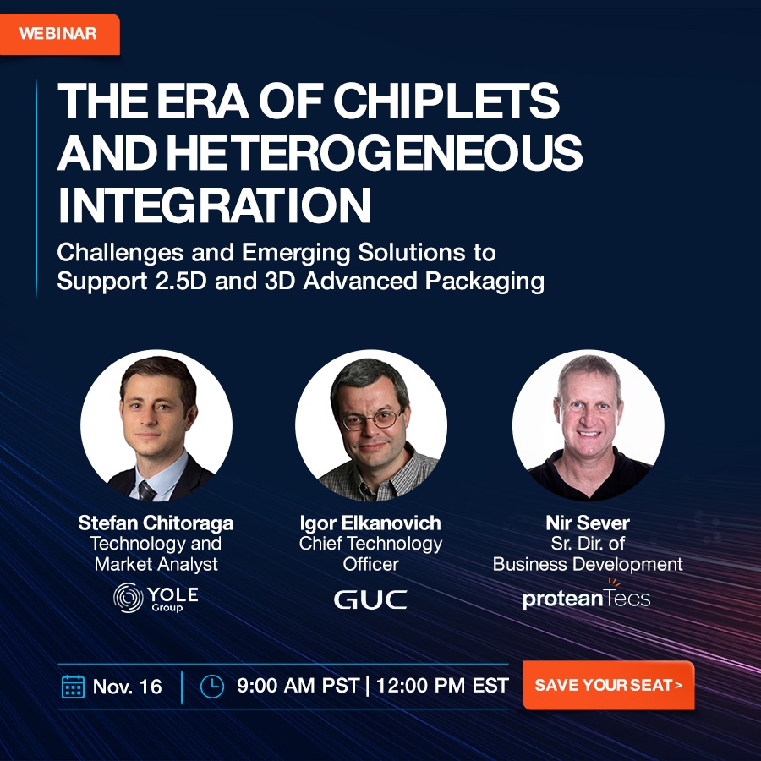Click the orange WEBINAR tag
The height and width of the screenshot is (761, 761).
coord(59,34)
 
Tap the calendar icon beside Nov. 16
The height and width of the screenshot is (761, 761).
coord(74,687)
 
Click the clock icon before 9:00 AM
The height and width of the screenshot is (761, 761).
coord(212,687)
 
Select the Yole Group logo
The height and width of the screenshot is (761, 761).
coord(156,598)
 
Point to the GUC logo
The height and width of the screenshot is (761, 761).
coord(370,599)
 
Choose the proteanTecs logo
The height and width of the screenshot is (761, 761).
coord(586,595)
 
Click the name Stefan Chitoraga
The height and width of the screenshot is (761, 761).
coord(156,523)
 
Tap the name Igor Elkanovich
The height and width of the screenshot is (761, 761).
coord(370,523)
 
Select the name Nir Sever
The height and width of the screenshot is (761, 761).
coord(588,523)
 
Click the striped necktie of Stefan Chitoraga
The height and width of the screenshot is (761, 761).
coord(146,490)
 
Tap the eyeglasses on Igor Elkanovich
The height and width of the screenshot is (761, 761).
coord(372,419)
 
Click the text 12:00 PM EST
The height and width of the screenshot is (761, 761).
coord(442,686)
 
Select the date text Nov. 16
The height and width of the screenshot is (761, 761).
coord(127,687)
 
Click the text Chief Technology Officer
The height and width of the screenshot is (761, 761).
coord(370,554)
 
